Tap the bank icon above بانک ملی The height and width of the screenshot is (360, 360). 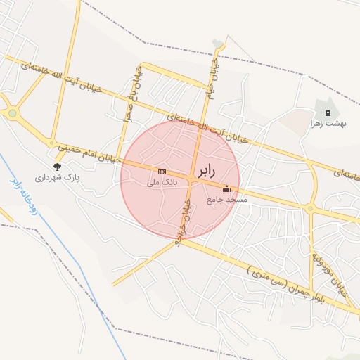click(x=162, y=172)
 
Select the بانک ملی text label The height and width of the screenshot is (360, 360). click(x=162, y=182)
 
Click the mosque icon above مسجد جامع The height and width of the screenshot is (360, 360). click(x=226, y=188)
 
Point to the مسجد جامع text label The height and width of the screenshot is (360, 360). click(x=227, y=200)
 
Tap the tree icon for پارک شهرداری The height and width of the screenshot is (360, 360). click(x=57, y=167)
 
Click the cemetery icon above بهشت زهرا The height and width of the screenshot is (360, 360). click(x=328, y=112)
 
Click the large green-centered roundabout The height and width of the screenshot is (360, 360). click(x=12, y=112)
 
